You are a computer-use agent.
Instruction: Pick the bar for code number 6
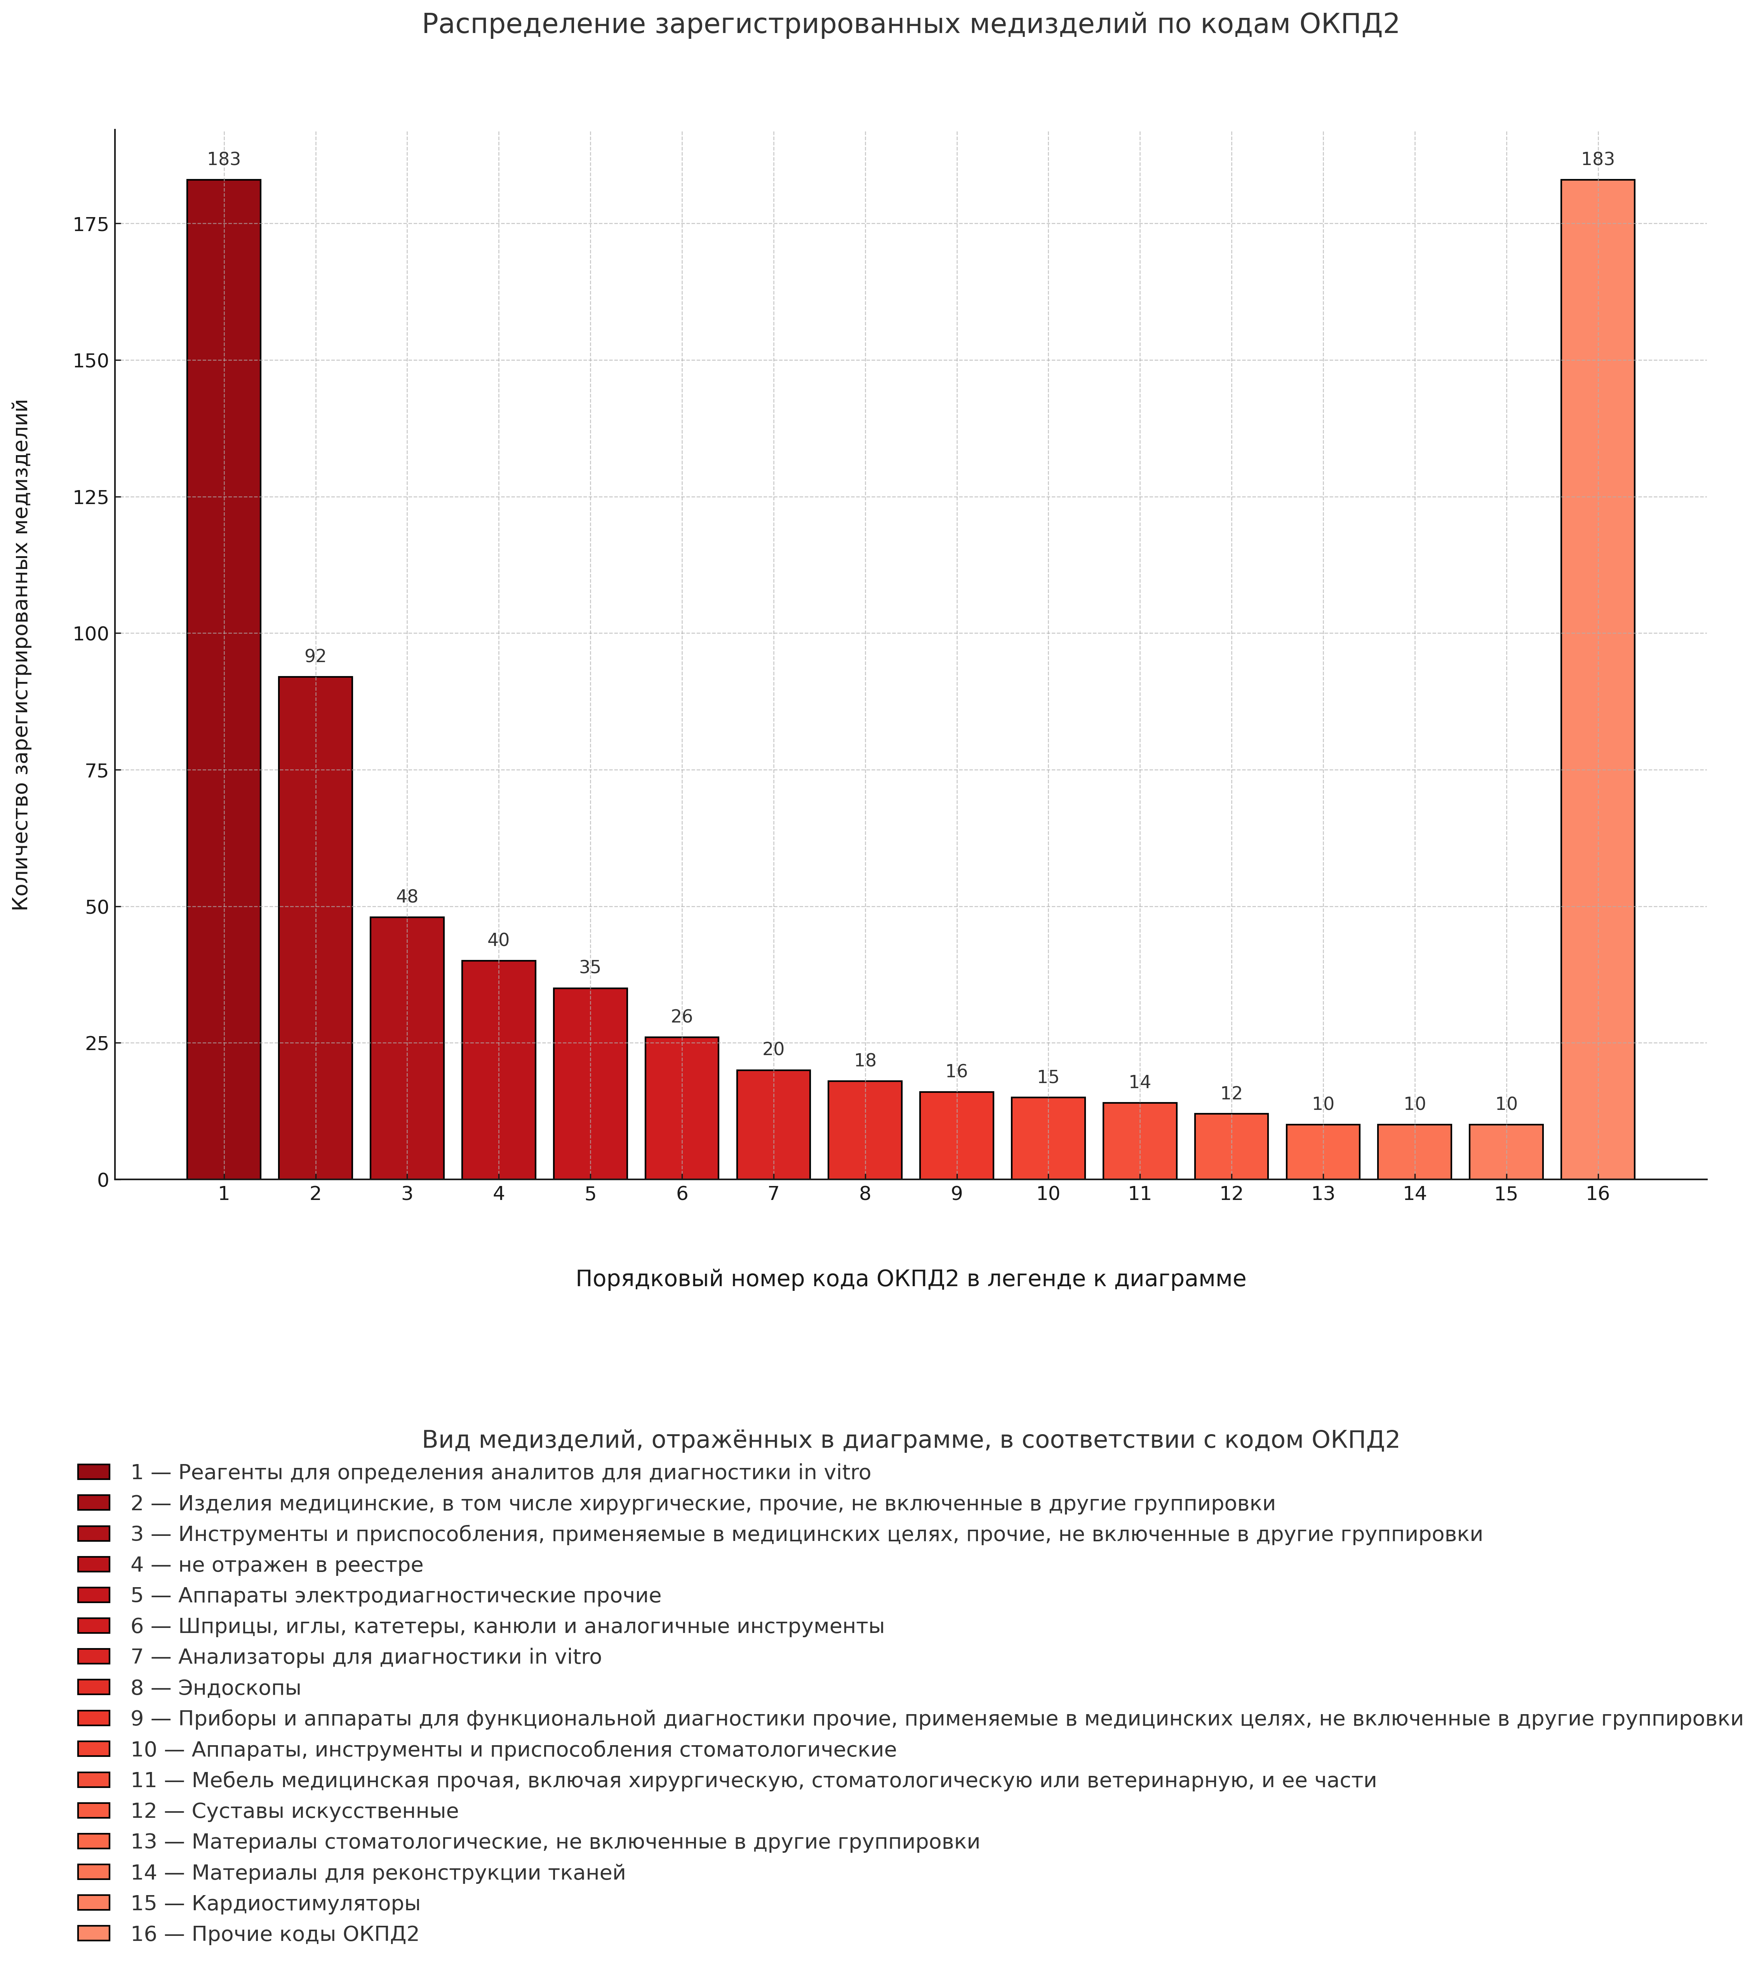[681, 1108]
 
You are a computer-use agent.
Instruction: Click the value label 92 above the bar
[315, 657]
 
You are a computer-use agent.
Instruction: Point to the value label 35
[590, 968]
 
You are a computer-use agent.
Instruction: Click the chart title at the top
[910, 24]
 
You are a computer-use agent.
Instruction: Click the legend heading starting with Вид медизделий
[910, 1440]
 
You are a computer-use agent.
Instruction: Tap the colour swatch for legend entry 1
[94, 1473]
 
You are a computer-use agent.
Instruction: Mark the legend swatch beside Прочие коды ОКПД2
[94, 1934]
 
